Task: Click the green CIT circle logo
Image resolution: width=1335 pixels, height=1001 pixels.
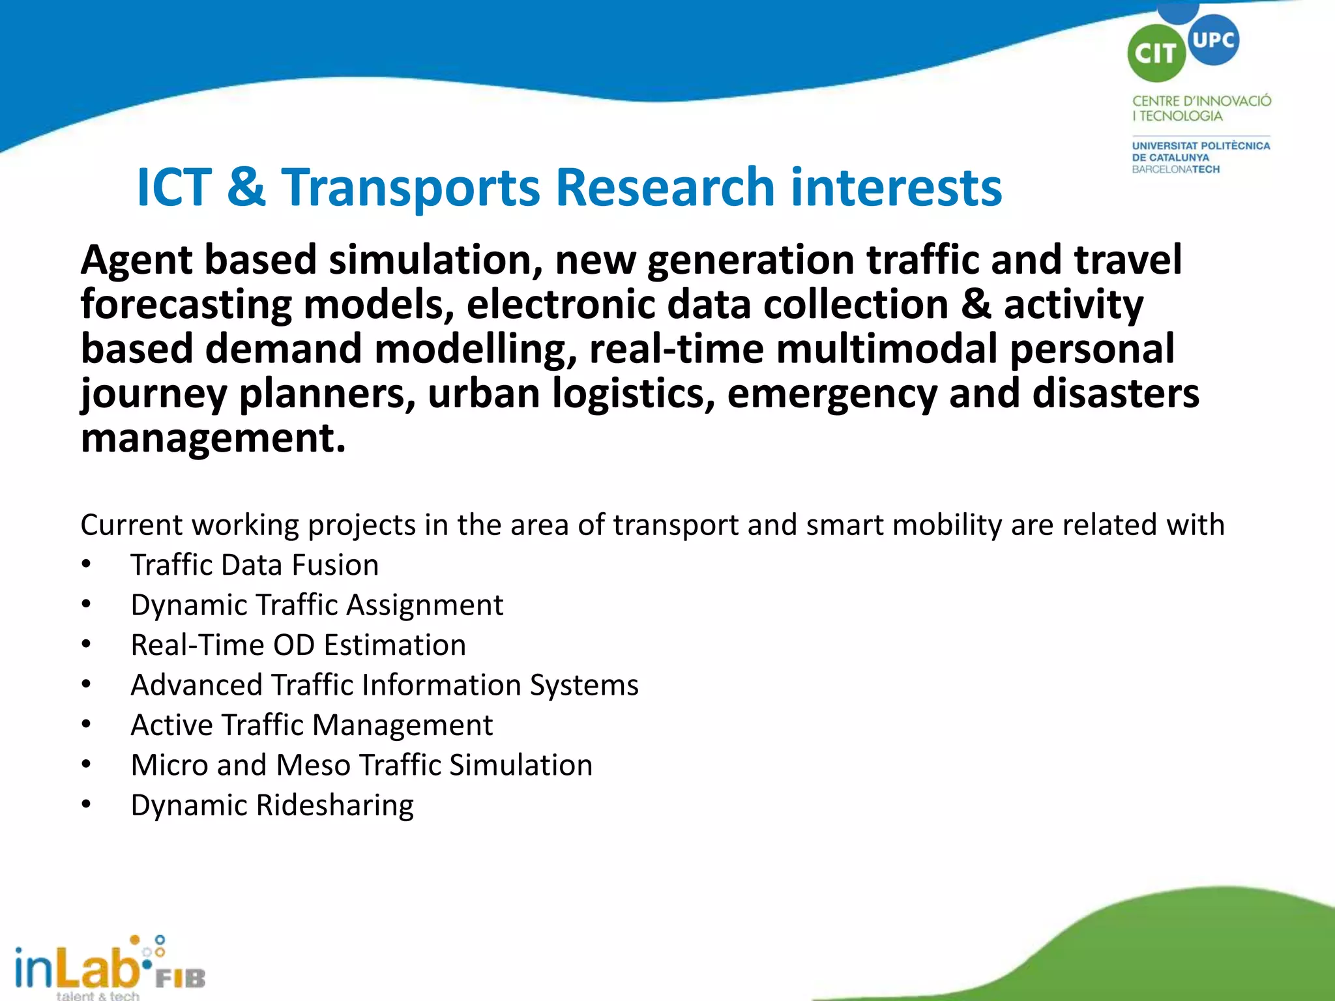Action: [1156, 53]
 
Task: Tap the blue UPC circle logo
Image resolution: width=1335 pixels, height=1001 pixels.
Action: [1213, 40]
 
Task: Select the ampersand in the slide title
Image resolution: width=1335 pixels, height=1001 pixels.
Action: [246, 188]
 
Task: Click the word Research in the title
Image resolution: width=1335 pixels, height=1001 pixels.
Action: [665, 188]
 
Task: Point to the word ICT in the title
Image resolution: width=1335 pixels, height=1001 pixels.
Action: [174, 188]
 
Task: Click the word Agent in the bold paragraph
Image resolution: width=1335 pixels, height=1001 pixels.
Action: [135, 261]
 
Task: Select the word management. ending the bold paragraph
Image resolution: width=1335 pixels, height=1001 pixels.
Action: [213, 438]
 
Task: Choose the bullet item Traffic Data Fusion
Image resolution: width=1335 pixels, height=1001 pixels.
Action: [254, 565]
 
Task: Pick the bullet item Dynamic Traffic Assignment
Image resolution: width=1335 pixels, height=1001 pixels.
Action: [317, 605]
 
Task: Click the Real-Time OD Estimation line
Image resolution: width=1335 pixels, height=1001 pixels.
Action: [298, 645]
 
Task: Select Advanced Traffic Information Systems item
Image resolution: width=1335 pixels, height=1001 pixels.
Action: [385, 685]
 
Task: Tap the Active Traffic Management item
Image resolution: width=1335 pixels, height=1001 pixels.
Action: [312, 725]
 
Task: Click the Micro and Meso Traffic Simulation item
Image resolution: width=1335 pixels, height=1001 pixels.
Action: [362, 765]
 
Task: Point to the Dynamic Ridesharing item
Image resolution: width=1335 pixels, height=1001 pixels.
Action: [272, 805]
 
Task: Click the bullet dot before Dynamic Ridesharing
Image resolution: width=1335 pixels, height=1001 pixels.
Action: [86, 804]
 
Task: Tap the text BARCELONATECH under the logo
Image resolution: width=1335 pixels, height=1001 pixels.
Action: [1175, 169]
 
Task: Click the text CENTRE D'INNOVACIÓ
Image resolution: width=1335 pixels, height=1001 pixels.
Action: [1201, 101]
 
